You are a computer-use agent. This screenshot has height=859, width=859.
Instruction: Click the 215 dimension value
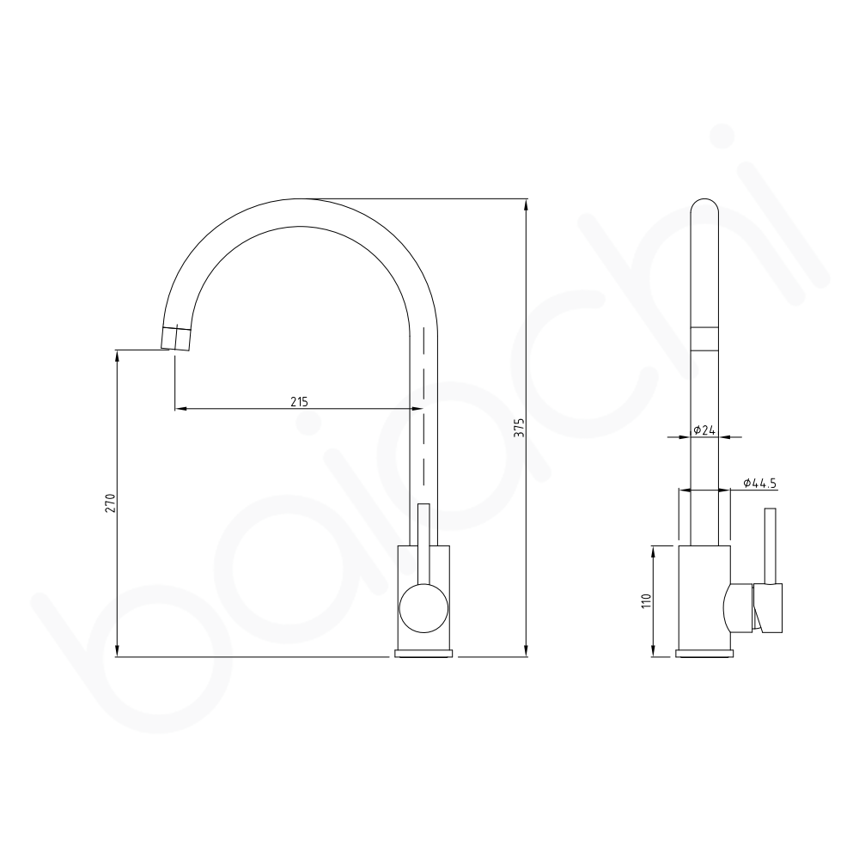point(299,401)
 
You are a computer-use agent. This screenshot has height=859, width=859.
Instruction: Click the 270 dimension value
point(110,503)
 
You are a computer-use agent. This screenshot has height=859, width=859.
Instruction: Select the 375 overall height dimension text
point(518,429)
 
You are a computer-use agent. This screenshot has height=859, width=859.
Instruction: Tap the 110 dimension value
point(647,600)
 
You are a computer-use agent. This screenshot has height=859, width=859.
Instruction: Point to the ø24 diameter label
point(706,429)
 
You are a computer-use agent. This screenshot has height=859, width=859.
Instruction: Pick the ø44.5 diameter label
point(758,484)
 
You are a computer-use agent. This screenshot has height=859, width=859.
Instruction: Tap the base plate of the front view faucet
point(423,654)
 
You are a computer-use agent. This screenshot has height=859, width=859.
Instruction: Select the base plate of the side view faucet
point(704,654)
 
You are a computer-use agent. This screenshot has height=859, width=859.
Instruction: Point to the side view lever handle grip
point(770,608)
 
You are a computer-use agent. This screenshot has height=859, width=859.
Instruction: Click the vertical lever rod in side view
point(771,545)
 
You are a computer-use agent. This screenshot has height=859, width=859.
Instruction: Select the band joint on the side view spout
point(704,338)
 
